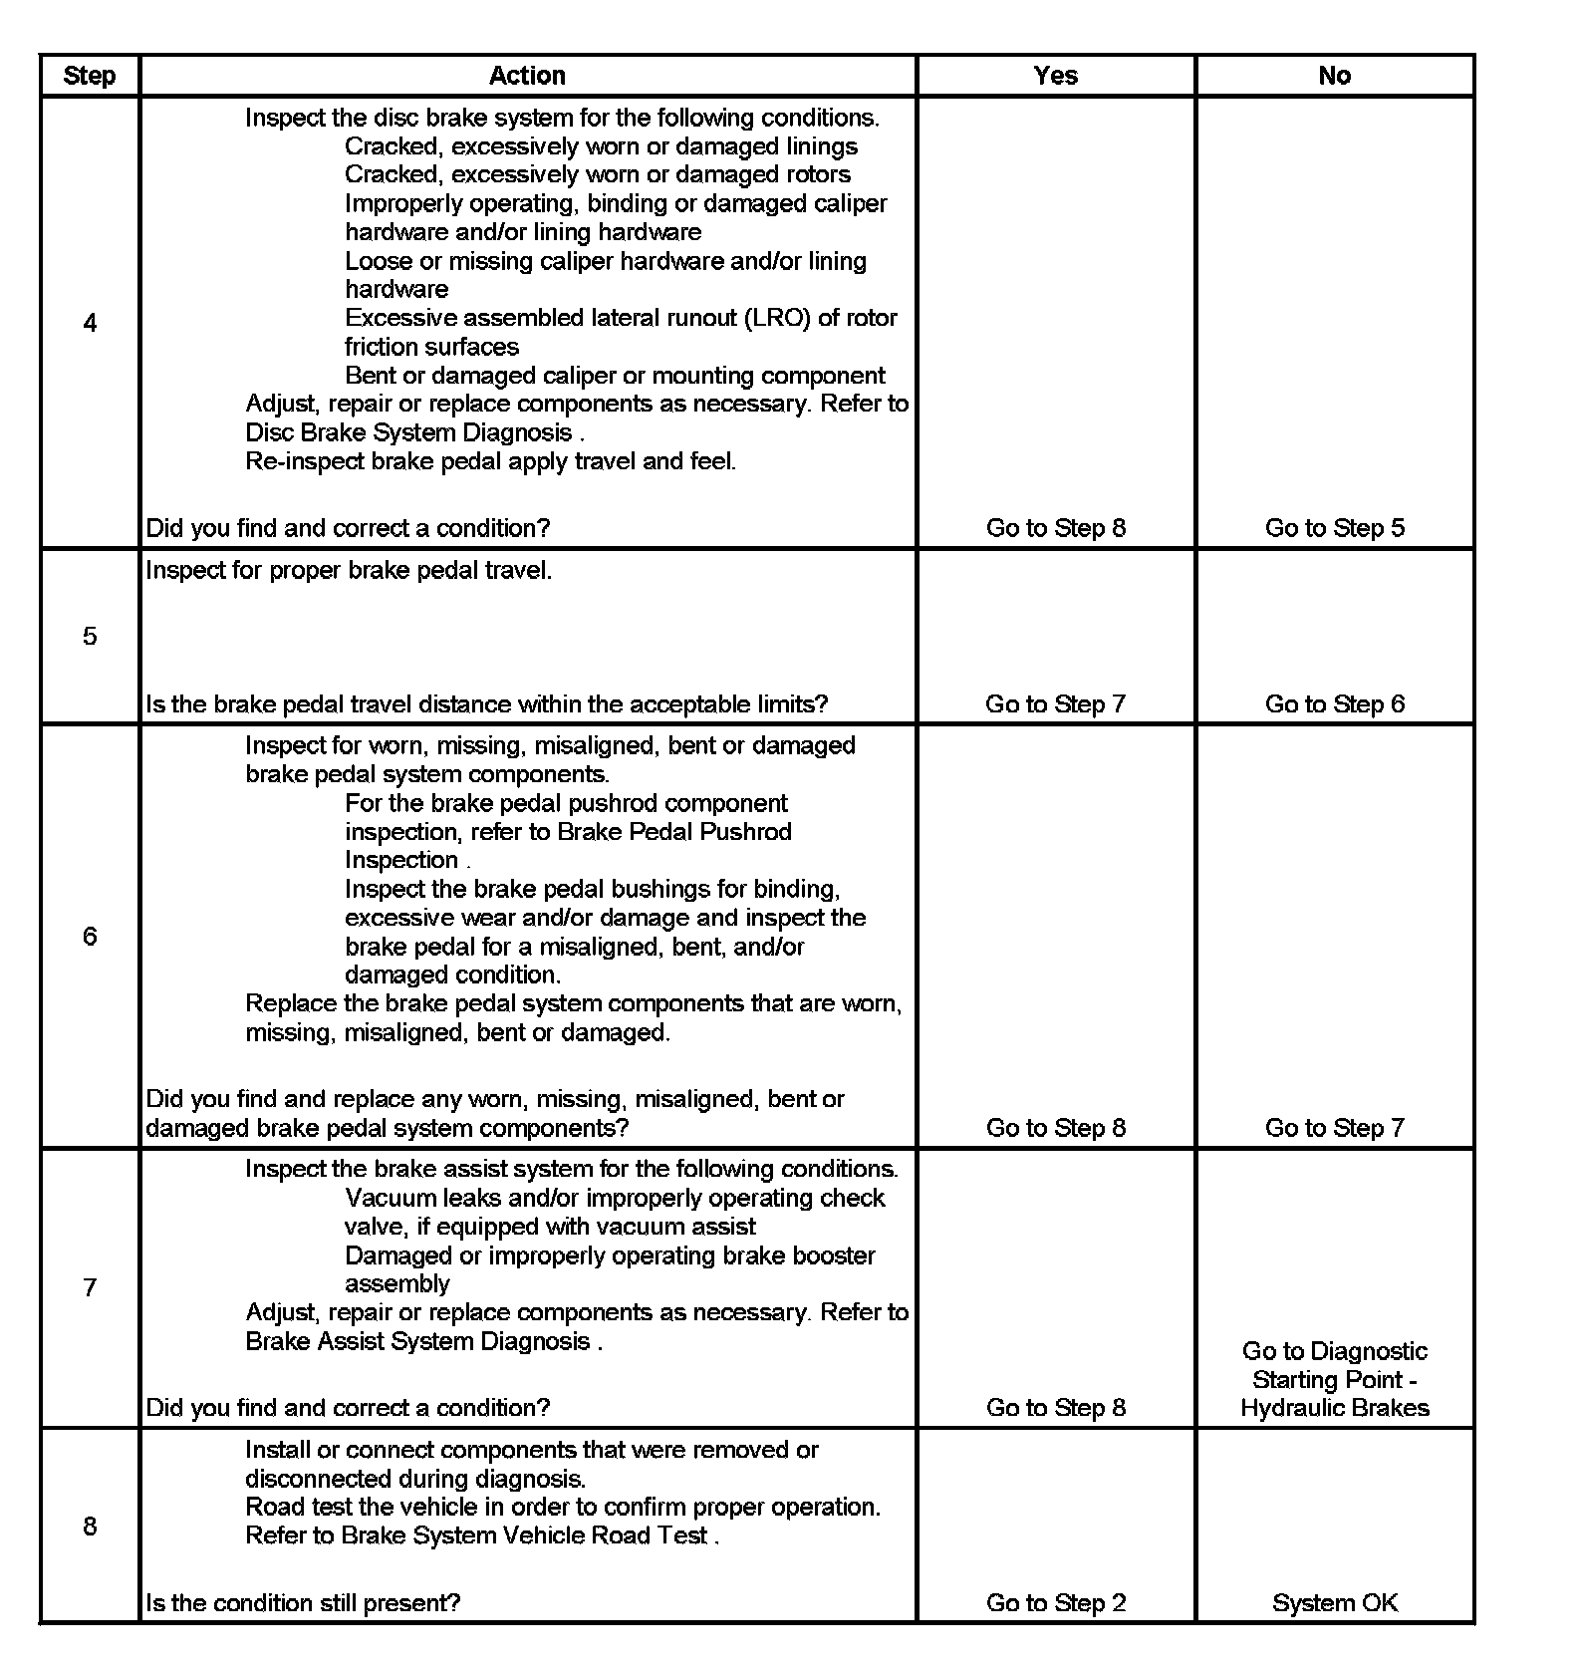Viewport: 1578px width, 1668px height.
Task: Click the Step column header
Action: pyautogui.click(x=89, y=76)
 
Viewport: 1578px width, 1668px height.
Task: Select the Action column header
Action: pyautogui.click(x=527, y=76)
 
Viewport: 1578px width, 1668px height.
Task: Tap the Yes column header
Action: pyautogui.click(x=1055, y=76)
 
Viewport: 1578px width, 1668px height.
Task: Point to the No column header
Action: pyautogui.click(x=1334, y=76)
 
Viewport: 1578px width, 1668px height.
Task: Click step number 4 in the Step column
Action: pyautogui.click(x=90, y=323)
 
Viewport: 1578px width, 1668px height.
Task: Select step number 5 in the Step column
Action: pyautogui.click(x=90, y=636)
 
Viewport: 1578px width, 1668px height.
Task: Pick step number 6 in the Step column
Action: pyautogui.click(x=90, y=936)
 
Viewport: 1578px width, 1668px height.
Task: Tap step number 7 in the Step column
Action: pyautogui.click(x=90, y=1287)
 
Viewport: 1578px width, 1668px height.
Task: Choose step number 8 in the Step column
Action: pyautogui.click(x=90, y=1526)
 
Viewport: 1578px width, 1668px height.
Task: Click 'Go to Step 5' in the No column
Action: pyautogui.click(x=1334, y=528)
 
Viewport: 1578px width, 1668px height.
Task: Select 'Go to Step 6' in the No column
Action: pyautogui.click(x=1334, y=704)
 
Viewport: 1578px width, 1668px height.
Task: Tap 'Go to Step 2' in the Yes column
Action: pyautogui.click(x=1055, y=1603)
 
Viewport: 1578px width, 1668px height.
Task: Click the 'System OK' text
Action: pyautogui.click(x=1334, y=1603)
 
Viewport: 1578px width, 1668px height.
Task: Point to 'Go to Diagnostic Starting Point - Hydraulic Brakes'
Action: pyautogui.click(x=1334, y=1379)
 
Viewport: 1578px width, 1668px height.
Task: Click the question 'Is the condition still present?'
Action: pyautogui.click(x=303, y=1603)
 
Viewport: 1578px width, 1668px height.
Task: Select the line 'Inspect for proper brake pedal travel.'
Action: pyautogui.click(x=349, y=571)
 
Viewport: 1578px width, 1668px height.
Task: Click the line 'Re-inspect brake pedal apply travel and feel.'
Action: pyautogui.click(x=490, y=461)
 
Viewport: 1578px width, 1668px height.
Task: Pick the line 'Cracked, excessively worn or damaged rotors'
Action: pyautogui.click(x=598, y=174)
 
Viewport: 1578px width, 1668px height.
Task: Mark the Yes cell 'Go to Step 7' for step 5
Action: pyautogui.click(x=1055, y=704)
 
